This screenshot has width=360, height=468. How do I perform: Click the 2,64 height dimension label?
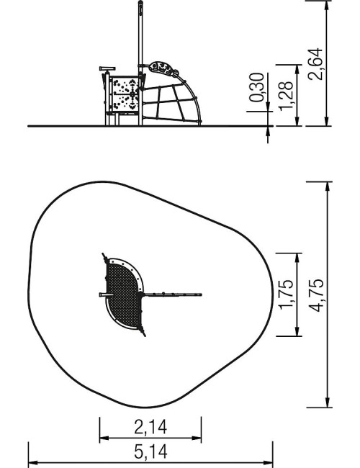(316, 64)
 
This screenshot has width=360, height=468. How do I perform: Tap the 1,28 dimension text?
(286, 96)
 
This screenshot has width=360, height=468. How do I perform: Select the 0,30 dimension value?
(257, 87)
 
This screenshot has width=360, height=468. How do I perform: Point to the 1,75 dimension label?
(286, 295)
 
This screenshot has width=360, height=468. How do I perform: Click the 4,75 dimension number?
(316, 295)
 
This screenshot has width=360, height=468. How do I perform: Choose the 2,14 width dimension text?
(150, 427)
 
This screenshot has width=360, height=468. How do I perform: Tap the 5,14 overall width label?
(150, 451)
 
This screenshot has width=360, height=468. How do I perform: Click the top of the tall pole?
(140, 2)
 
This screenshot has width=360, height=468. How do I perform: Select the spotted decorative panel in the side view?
(125, 94)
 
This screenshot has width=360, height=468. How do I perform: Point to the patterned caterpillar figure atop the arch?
(163, 69)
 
